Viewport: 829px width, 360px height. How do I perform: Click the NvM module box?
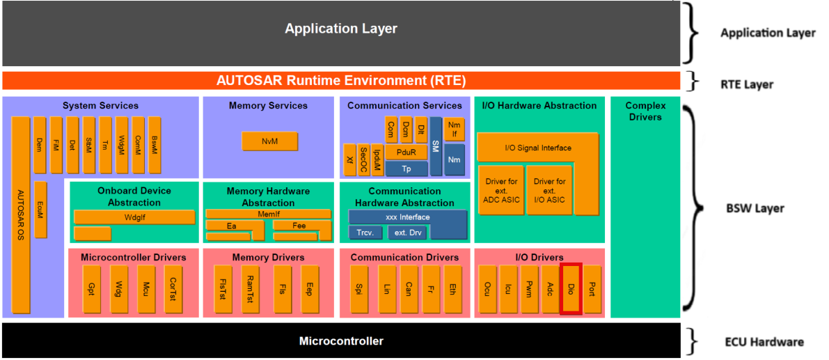coord(269,141)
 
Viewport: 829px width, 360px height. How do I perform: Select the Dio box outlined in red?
coord(571,288)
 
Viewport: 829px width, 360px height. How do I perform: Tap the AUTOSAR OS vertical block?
coord(21,216)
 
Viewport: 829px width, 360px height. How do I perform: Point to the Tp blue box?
coord(406,169)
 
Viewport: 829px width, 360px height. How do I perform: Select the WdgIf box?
coord(134,217)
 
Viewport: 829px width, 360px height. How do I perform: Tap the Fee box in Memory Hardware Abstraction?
coord(299,226)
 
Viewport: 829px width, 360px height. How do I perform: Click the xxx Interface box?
coord(407,217)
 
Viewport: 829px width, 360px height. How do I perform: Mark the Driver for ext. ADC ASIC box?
coord(500,190)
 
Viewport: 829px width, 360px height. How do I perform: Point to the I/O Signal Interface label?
coord(537,148)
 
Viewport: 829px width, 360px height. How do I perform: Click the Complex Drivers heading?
coord(645,111)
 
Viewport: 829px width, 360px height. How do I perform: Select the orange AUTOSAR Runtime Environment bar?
coord(340,80)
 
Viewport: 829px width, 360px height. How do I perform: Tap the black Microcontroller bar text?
coord(340,341)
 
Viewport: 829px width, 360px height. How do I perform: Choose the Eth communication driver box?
coord(452,288)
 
